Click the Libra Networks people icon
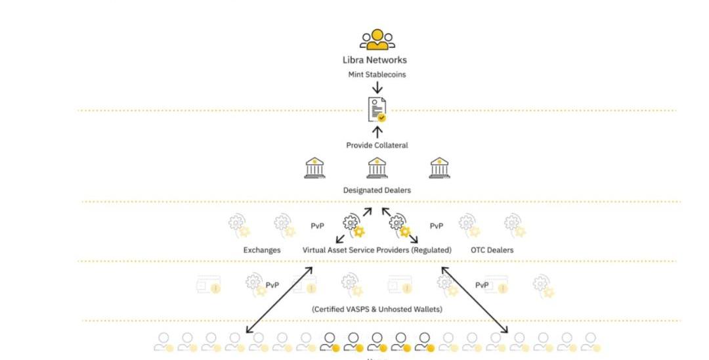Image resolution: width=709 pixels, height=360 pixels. [x=377, y=39]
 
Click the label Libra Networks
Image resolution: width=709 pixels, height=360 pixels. [x=377, y=60]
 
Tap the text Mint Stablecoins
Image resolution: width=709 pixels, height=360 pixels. [x=377, y=75]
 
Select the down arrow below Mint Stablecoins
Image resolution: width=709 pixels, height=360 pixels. [x=377, y=88]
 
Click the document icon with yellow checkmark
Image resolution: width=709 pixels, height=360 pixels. [x=377, y=110]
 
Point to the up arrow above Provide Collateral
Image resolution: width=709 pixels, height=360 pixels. [x=377, y=132]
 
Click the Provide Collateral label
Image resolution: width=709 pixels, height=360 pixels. [x=377, y=145]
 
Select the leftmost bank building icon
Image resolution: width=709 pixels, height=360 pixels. [x=314, y=168]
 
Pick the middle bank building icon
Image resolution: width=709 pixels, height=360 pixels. [x=377, y=168]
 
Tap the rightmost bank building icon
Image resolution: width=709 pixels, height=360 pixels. [x=439, y=168]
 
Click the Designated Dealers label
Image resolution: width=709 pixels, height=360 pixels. [x=377, y=191]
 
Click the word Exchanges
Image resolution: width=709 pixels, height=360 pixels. [x=262, y=250]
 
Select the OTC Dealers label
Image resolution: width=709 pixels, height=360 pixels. [x=492, y=250]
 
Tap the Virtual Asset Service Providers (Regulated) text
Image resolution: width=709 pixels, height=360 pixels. [x=377, y=250]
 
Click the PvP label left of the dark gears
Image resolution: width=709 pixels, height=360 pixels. [x=318, y=226]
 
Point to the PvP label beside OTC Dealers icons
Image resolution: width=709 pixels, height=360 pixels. [x=436, y=226]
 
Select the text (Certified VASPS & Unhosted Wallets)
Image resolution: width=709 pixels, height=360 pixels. [x=377, y=309]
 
